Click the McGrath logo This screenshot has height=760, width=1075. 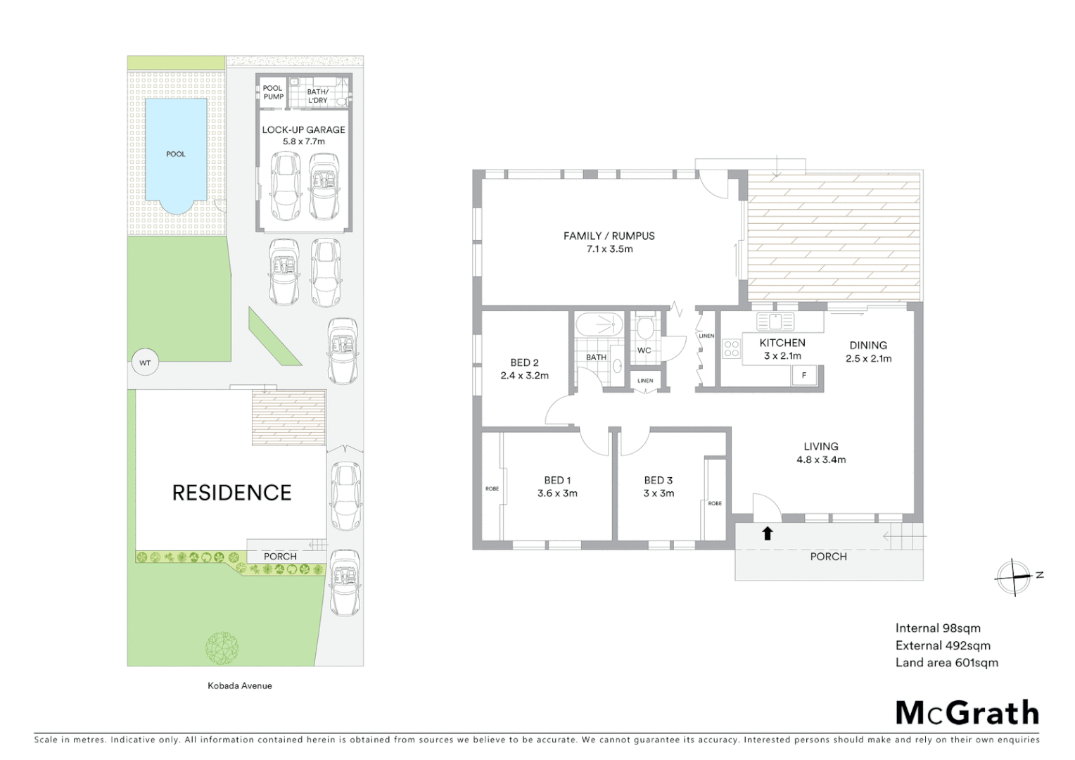(x=967, y=713)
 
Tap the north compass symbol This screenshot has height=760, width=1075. (x=1014, y=577)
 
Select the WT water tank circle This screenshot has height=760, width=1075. (x=145, y=363)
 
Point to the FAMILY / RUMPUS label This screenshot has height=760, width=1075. (x=609, y=236)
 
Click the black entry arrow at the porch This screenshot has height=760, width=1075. (x=768, y=533)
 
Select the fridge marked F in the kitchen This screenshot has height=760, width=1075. (x=803, y=375)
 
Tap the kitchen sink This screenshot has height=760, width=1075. (x=775, y=322)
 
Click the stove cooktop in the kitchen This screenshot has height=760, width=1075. (x=732, y=349)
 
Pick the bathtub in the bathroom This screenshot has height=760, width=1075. (x=599, y=325)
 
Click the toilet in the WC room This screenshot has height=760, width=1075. (x=644, y=328)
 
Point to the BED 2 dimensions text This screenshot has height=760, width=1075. (x=524, y=376)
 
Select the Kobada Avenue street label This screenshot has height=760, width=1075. (x=239, y=685)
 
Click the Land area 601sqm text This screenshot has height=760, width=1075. (x=946, y=662)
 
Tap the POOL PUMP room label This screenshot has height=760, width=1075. (x=273, y=92)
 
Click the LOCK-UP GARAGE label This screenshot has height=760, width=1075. (x=303, y=129)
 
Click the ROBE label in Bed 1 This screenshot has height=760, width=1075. (x=492, y=488)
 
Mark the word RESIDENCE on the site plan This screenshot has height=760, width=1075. (x=231, y=493)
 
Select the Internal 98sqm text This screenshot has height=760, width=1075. (x=937, y=628)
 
